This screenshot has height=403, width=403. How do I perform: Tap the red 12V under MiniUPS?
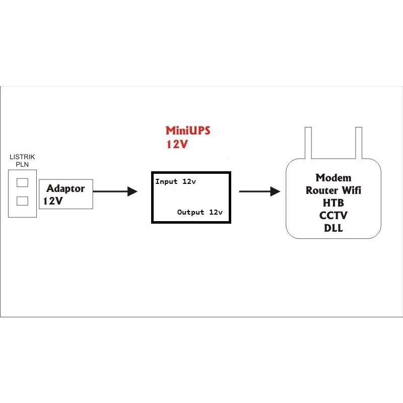point(177,145)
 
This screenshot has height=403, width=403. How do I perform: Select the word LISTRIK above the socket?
point(23,158)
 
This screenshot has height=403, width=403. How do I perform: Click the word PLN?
point(23,164)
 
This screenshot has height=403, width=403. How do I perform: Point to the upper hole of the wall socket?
point(22,182)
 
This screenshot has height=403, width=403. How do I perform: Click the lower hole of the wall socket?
point(22,201)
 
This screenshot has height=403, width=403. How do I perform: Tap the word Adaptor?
point(65,189)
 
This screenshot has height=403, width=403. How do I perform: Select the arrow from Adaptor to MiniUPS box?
point(115,191)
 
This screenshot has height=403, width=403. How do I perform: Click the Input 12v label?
point(175,181)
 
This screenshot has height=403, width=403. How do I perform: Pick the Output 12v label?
point(200,212)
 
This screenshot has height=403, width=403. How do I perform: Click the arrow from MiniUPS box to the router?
point(259,191)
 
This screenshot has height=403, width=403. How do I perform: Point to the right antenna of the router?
point(358,143)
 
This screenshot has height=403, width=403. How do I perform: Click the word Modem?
point(333,178)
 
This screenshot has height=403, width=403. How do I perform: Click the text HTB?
point(333,203)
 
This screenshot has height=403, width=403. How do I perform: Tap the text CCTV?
point(333,215)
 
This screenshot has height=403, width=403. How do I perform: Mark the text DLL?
point(333,228)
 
